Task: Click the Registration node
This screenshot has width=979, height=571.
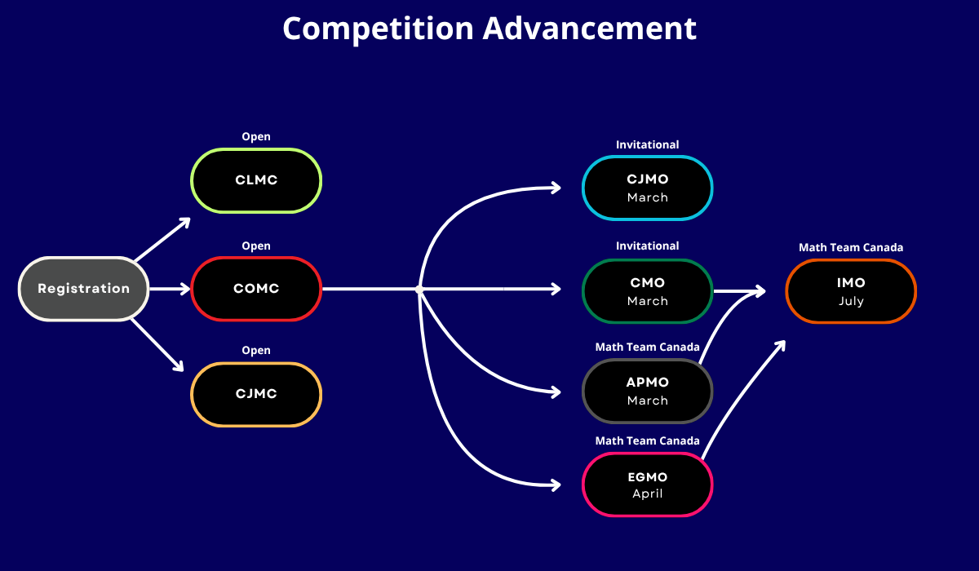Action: [x=83, y=289]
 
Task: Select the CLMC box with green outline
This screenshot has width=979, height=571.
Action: [x=256, y=180]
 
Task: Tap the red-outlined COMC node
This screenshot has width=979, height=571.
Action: [x=256, y=289]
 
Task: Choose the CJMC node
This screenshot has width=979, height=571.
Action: [x=256, y=394]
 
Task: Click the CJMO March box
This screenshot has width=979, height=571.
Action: [x=647, y=188]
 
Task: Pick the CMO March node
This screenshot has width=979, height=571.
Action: [x=647, y=291]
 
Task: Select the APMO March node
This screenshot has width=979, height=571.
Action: [x=647, y=391]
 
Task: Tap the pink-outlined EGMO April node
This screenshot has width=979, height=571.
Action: [x=647, y=485]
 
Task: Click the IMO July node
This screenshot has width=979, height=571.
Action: [x=851, y=291]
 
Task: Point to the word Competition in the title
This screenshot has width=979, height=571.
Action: [x=378, y=29]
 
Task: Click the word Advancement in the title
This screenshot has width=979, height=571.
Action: [x=590, y=29]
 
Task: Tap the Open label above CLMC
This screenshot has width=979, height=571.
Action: [x=256, y=137]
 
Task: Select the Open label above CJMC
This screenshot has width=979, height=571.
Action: [x=256, y=351]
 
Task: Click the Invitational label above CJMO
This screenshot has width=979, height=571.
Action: [x=647, y=144]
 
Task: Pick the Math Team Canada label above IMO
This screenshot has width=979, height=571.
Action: [x=851, y=247]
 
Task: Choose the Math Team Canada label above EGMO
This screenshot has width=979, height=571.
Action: [x=647, y=440]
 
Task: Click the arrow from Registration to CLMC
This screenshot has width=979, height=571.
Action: [x=162, y=239]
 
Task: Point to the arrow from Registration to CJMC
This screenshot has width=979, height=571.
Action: [x=157, y=345]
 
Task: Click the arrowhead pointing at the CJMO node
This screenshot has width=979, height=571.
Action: [x=556, y=188]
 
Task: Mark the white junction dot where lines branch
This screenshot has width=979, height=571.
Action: [x=419, y=290]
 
